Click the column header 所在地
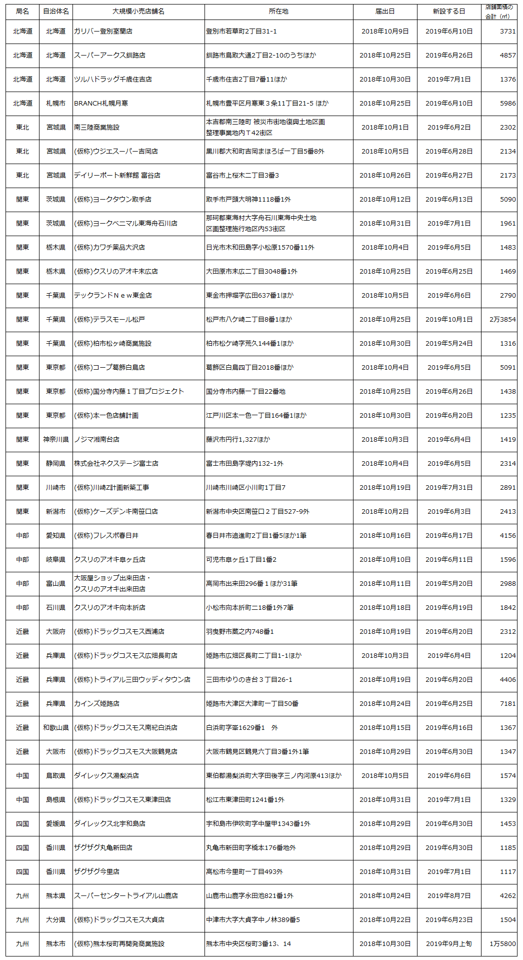click(278, 12)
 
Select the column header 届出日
click(385, 12)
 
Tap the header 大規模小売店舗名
click(138, 12)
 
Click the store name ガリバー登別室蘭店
click(103, 32)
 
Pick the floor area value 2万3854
click(502, 320)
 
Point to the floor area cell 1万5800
click(502, 944)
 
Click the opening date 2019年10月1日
click(449, 320)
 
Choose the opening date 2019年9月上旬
click(449, 944)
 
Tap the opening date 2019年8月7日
click(449, 896)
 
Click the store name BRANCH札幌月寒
click(101, 104)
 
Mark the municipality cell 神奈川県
click(56, 440)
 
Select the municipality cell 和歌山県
click(56, 728)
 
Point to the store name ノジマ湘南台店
click(96, 440)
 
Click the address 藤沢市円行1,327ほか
click(238, 440)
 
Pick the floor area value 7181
click(507, 704)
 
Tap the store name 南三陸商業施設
click(96, 128)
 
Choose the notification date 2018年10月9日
click(385, 32)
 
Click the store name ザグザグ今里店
click(96, 872)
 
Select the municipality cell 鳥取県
click(56, 776)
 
